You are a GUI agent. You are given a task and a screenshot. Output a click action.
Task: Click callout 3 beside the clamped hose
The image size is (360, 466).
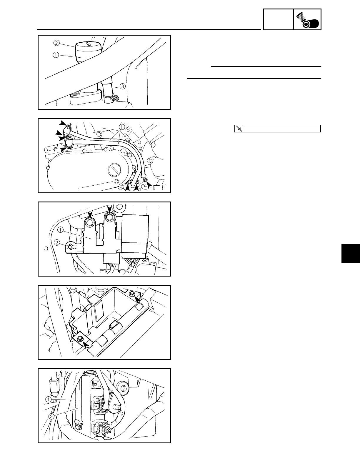(x=123, y=86)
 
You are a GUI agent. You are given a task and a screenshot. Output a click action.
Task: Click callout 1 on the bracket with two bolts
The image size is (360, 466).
(x=60, y=229)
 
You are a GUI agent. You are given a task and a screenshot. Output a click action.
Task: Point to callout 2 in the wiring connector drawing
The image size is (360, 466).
(x=51, y=416)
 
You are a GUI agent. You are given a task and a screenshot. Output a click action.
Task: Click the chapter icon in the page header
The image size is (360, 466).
(x=307, y=19)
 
